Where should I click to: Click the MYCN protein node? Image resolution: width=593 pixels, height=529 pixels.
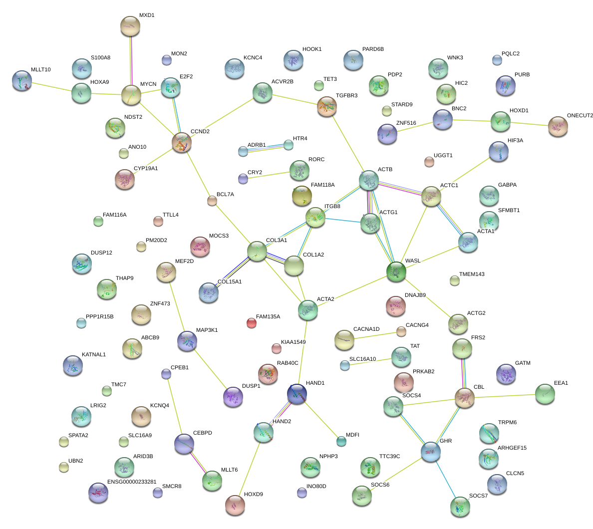[x=131, y=94]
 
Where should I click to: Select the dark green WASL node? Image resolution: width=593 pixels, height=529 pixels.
[x=396, y=271]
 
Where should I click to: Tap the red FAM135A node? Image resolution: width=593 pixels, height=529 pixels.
[x=252, y=323]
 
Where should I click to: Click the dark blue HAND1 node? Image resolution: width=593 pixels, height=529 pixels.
[x=297, y=393]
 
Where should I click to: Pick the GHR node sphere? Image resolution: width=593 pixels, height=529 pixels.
[x=430, y=451]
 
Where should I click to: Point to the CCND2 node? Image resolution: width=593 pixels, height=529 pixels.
[x=182, y=142]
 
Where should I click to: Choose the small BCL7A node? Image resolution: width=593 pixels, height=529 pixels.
[x=212, y=201]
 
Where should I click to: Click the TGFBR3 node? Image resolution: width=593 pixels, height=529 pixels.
[x=327, y=106]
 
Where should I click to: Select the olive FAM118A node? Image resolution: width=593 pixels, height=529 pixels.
[x=301, y=195]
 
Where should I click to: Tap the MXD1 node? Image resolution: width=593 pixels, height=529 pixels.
[x=130, y=26]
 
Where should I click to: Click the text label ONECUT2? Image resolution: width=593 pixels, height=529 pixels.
[x=580, y=116]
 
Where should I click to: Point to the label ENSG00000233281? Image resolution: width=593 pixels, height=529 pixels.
[x=132, y=482]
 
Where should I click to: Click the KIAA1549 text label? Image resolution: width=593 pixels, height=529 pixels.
[x=294, y=342]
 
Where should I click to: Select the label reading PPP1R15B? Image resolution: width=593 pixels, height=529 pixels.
[x=99, y=317]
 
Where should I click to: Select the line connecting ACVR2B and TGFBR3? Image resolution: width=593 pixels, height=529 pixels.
[x=295, y=99]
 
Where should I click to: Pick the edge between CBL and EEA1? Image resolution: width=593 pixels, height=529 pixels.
[x=504, y=396]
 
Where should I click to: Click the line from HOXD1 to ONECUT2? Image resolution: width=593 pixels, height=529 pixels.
[x=529, y=123]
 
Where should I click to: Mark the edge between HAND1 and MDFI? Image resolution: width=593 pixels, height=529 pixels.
[x=319, y=417]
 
